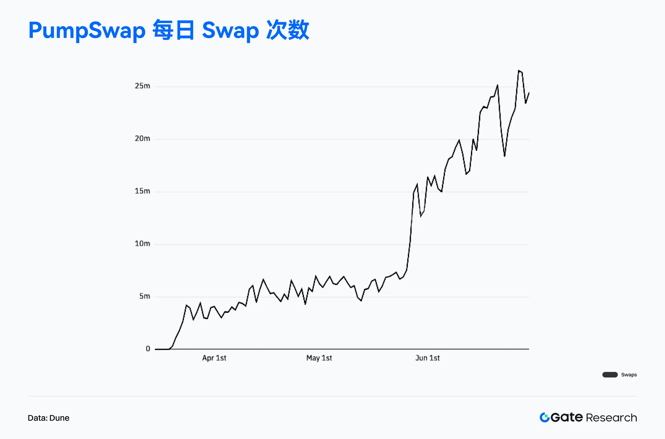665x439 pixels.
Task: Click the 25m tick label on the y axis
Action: coord(142,86)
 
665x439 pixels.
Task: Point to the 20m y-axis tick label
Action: coord(142,139)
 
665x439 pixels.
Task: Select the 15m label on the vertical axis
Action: coord(142,191)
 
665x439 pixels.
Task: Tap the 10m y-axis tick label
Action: coord(142,244)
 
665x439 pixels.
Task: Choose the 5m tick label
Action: coord(144,296)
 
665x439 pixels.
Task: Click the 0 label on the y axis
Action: coord(148,349)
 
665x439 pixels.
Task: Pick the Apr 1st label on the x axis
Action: coord(214,358)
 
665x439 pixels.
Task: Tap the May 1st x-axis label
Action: coord(319,358)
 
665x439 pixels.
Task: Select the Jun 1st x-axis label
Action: coord(427,358)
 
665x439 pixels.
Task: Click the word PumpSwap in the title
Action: coord(87,30)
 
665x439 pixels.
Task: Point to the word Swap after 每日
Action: coord(230,30)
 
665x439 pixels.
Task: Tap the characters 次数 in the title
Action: coord(287,30)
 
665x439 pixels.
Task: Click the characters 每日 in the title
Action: coord(173,30)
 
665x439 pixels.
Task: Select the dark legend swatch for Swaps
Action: coord(610,375)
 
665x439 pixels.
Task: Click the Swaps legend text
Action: coord(629,375)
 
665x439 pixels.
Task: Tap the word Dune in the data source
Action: coord(59,418)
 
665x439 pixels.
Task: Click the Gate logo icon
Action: coord(544,417)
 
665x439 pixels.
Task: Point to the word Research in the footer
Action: coord(611,418)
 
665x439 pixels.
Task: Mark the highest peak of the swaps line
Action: coord(519,71)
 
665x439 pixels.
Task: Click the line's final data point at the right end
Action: coord(529,93)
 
